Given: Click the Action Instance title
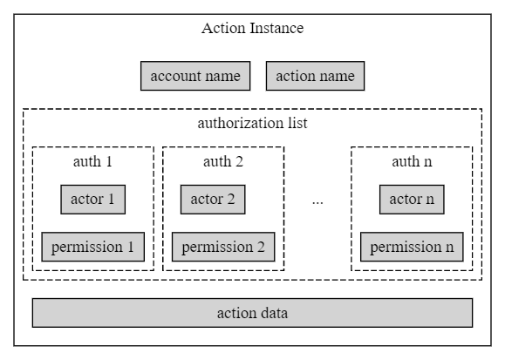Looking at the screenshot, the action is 253,28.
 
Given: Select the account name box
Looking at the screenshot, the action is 195,76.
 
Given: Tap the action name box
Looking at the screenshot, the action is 316,76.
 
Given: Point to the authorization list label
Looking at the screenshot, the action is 253,123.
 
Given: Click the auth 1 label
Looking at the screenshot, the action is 92,161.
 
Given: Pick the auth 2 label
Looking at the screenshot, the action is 223,161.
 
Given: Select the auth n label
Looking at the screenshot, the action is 412,161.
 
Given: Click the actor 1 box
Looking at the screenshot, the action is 93,200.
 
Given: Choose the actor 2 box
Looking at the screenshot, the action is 213,200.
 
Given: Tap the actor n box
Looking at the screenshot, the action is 412,200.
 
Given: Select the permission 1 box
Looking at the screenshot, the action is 93,247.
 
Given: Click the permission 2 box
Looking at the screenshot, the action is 223,247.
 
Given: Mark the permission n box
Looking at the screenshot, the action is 412,247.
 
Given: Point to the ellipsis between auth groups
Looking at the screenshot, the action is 317,203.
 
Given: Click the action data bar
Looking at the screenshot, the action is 253,313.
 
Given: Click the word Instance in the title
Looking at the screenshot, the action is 277,28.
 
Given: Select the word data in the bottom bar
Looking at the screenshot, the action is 275,313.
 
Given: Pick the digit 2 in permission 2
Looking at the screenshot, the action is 261,247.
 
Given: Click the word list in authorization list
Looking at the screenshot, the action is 298,123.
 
